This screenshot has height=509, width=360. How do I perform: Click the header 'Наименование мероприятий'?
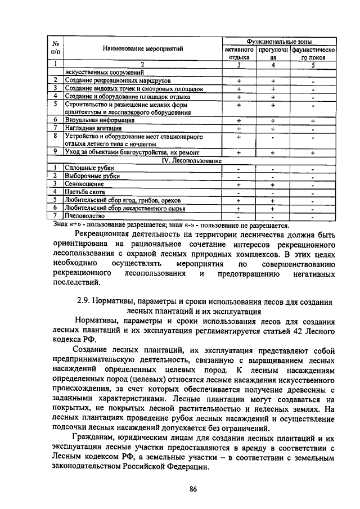tap(143, 49)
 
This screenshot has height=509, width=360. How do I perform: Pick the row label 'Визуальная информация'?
tap(99, 120)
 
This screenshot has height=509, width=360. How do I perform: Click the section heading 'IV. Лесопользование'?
tap(190, 160)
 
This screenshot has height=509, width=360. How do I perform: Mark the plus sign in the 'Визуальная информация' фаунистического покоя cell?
tap(312, 120)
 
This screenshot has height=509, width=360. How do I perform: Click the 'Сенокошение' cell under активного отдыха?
tap(238, 184)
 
